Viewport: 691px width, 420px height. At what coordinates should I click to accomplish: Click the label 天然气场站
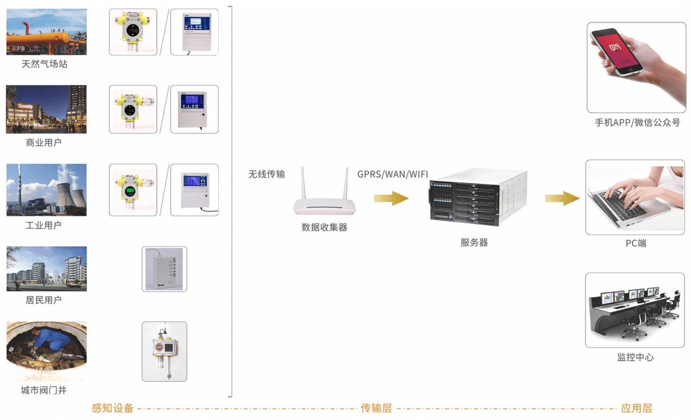(x=45, y=64)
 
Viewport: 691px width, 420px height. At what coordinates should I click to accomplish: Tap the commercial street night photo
(x=46, y=109)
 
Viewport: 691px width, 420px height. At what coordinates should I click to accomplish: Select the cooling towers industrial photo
(x=46, y=190)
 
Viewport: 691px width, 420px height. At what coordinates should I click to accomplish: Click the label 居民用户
(x=44, y=300)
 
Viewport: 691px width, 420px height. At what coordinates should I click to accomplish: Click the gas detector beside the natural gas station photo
(x=133, y=32)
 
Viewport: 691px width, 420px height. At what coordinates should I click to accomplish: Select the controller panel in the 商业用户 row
(x=194, y=109)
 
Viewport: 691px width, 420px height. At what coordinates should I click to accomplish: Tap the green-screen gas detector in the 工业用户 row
(x=133, y=190)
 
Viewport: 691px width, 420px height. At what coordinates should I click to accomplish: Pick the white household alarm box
(x=164, y=269)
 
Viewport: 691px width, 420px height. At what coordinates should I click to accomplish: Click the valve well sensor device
(x=164, y=351)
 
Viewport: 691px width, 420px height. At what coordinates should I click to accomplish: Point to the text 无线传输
(x=266, y=174)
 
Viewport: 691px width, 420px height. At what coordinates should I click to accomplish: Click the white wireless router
(x=324, y=197)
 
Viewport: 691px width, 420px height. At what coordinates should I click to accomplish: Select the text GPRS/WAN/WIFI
(x=392, y=174)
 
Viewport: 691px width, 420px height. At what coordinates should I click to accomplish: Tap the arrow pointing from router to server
(x=391, y=198)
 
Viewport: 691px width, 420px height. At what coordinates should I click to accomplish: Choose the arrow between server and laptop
(x=562, y=198)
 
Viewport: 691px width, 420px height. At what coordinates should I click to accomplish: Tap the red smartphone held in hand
(x=617, y=52)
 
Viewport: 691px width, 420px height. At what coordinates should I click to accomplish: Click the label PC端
(x=636, y=243)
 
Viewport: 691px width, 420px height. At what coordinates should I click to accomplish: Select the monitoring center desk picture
(x=635, y=310)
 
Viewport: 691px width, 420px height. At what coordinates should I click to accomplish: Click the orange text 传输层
(x=376, y=408)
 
